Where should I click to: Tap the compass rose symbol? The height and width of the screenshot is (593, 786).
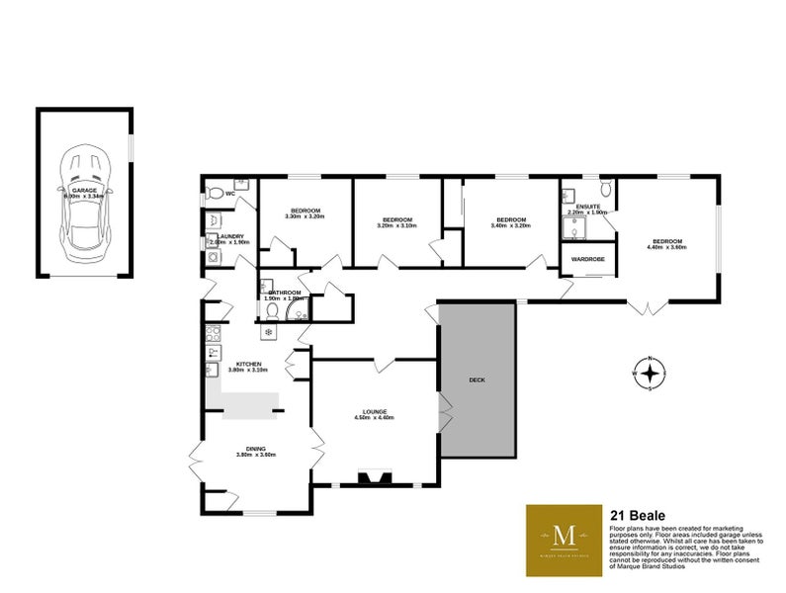(x=650, y=374)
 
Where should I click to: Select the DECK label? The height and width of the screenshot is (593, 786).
(x=478, y=380)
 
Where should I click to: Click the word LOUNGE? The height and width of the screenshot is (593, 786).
(x=374, y=411)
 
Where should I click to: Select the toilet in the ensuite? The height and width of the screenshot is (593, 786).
(x=605, y=188)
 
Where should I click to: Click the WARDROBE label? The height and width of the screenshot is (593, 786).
(x=588, y=259)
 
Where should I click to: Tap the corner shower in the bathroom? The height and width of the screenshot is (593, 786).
(x=295, y=311)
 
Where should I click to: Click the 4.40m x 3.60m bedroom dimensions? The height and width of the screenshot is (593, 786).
(x=665, y=247)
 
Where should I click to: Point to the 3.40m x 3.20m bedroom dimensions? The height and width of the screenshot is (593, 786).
(x=510, y=225)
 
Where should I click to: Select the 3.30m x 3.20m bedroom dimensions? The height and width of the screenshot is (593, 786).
(x=304, y=216)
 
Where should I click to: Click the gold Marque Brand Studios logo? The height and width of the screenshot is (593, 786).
(x=564, y=540)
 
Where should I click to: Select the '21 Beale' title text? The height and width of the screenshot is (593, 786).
(x=637, y=515)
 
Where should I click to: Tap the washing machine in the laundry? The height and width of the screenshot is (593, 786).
(x=213, y=258)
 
